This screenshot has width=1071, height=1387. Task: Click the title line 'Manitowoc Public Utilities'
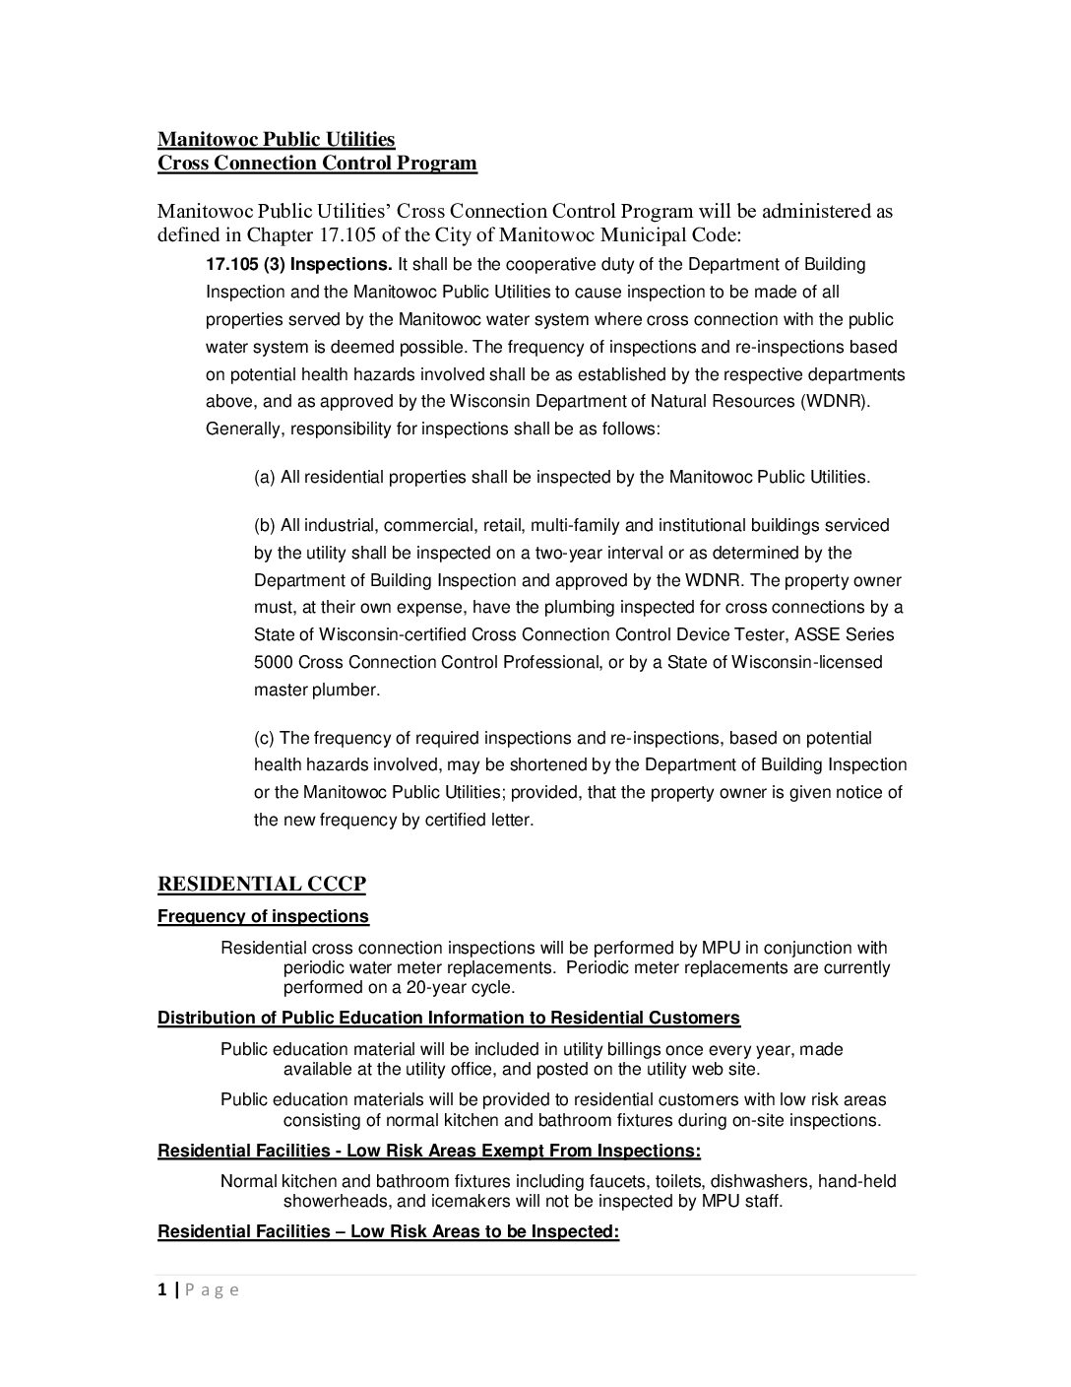[x=276, y=139]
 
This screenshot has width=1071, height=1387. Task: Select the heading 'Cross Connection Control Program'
[x=317, y=163]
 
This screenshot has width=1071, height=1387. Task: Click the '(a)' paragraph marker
[x=265, y=477]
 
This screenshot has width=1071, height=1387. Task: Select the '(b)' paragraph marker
[x=265, y=525]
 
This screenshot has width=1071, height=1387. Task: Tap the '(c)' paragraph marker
[x=265, y=738]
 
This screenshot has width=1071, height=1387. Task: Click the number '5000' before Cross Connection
[x=273, y=662]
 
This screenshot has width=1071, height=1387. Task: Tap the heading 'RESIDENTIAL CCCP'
[x=262, y=884]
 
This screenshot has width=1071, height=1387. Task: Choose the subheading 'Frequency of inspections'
[x=263, y=916]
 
